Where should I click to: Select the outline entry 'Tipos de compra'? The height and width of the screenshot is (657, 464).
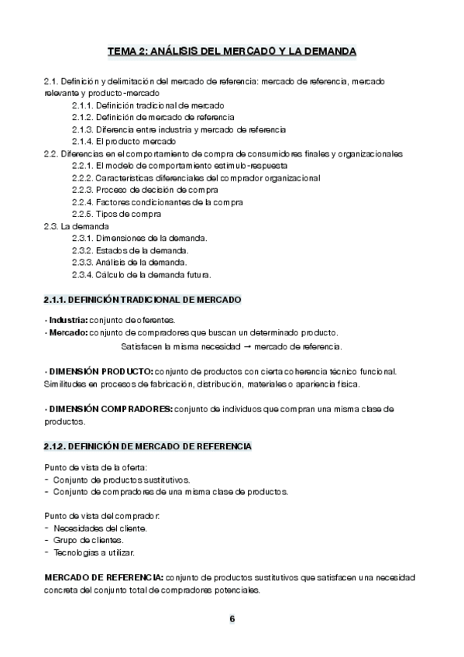(129, 214)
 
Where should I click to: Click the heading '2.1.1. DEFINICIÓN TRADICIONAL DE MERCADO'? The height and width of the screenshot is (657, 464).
(143, 299)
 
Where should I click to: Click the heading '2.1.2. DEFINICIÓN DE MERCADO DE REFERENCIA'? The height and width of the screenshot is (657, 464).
(147, 447)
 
